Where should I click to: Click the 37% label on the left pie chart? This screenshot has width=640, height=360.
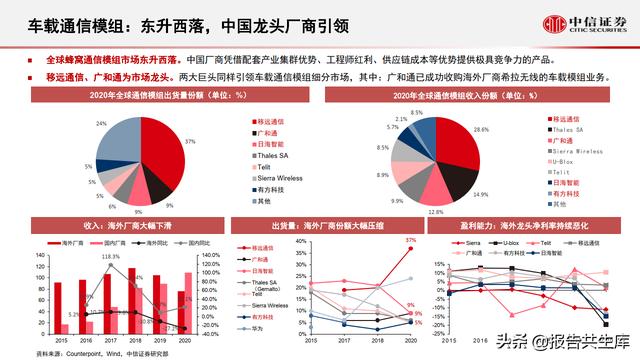(x=189, y=143)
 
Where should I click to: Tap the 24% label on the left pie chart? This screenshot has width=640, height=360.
(x=101, y=122)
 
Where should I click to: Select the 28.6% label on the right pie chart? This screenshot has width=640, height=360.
(x=481, y=130)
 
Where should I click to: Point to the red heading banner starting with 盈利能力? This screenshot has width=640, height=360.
(x=529, y=226)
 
